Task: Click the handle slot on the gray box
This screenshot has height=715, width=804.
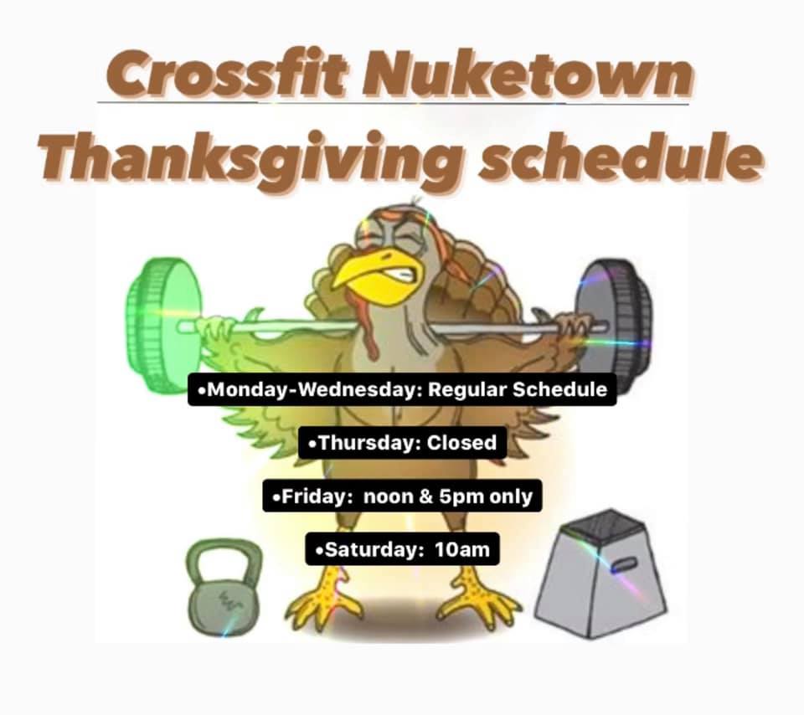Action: tap(624, 563)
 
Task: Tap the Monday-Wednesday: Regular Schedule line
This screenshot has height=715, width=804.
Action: tap(402, 389)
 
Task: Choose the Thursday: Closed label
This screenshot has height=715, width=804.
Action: tap(403, 442)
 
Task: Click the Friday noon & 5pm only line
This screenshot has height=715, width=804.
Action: tap(402, 496)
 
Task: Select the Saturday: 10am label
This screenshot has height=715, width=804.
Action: tap(402, 549)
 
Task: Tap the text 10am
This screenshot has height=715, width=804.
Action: tap(462, 549)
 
